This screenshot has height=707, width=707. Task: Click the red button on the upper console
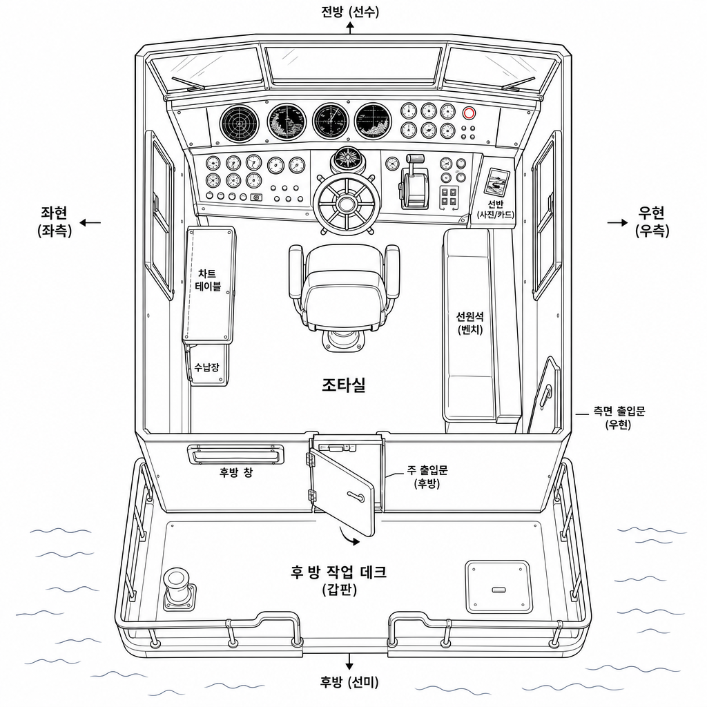click(x=469, y=113)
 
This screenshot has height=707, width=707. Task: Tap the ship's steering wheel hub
click(x=346, y=204)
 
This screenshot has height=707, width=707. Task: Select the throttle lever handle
click(x=415, y=159)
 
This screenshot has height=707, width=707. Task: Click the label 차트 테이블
click(x=208, y=280)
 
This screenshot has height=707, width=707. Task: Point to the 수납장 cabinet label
click(x=206, y=367)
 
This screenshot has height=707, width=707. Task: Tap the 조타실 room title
click(x=344, y=385)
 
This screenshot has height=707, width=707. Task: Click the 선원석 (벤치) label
click(x=469, y=323)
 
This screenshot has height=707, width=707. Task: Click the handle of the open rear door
click(x=356, y=496)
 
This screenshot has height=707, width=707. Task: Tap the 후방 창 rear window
click(x=235, y=454)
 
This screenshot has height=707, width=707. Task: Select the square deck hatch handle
click(x=498, y=590)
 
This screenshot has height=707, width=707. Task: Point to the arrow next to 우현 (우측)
click(x=617, y=222)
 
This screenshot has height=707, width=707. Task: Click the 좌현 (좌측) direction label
click(x=55, y=222)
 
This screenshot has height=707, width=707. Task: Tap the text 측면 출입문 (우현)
click(x=619, y=418)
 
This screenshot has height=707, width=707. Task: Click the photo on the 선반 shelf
click(x=496, y=182)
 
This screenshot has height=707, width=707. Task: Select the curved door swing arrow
click(x=349, y=536)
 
